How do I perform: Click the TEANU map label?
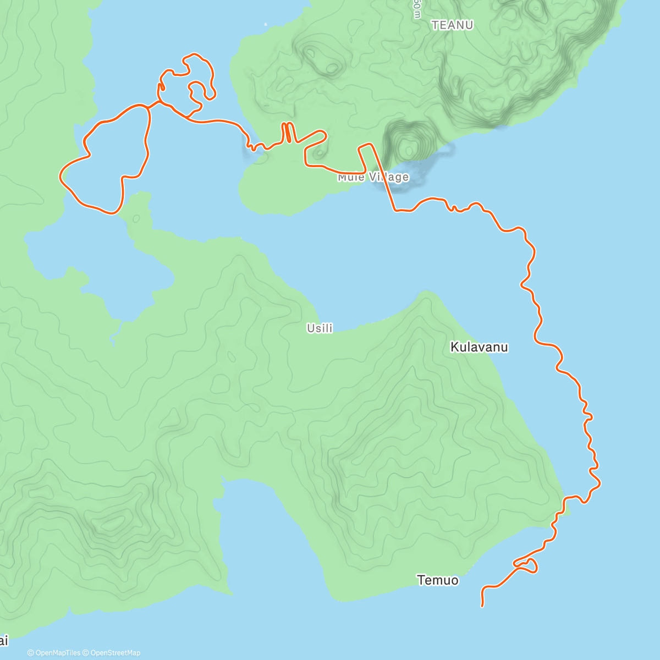click(452, 25)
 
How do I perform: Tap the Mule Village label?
click(373, 177)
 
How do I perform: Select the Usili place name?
click(320, 328)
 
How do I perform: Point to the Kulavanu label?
click(479, 347)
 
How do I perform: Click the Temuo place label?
click(437, 580)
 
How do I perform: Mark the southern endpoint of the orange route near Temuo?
click(482, 606)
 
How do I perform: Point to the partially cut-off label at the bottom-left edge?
click(4, 640)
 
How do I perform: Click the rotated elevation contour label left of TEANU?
click(416, 9)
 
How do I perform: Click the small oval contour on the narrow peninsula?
click(136, 219)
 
